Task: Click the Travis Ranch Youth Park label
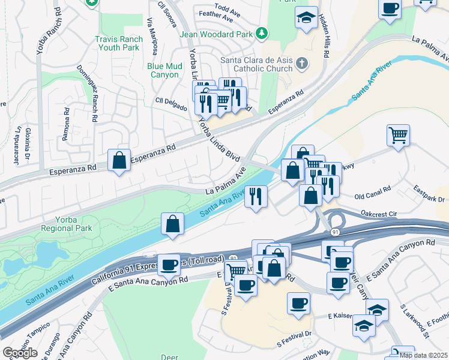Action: point(119,44)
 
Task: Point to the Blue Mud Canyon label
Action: point(163,71)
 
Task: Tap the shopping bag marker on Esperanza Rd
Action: point(119,160)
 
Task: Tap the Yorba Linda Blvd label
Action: point(219,139)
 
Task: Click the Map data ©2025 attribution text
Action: point(423,355)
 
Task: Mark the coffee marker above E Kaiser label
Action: point(298,303)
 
